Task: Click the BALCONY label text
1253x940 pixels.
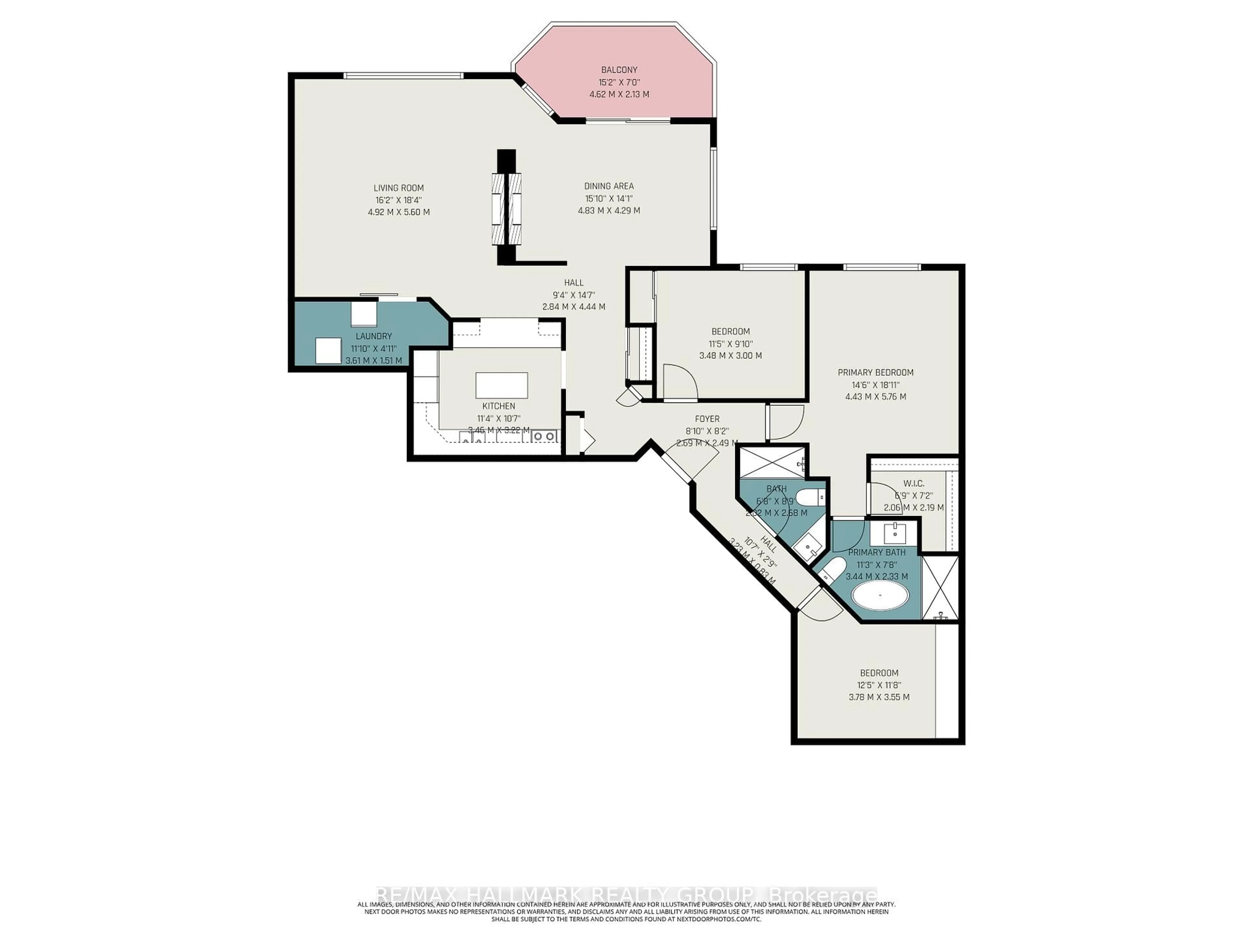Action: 619,70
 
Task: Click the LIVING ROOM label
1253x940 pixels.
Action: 398,188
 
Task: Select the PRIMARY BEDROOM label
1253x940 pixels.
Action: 875,372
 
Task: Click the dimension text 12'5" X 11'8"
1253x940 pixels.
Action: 879,685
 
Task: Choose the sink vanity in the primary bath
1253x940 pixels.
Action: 895,533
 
